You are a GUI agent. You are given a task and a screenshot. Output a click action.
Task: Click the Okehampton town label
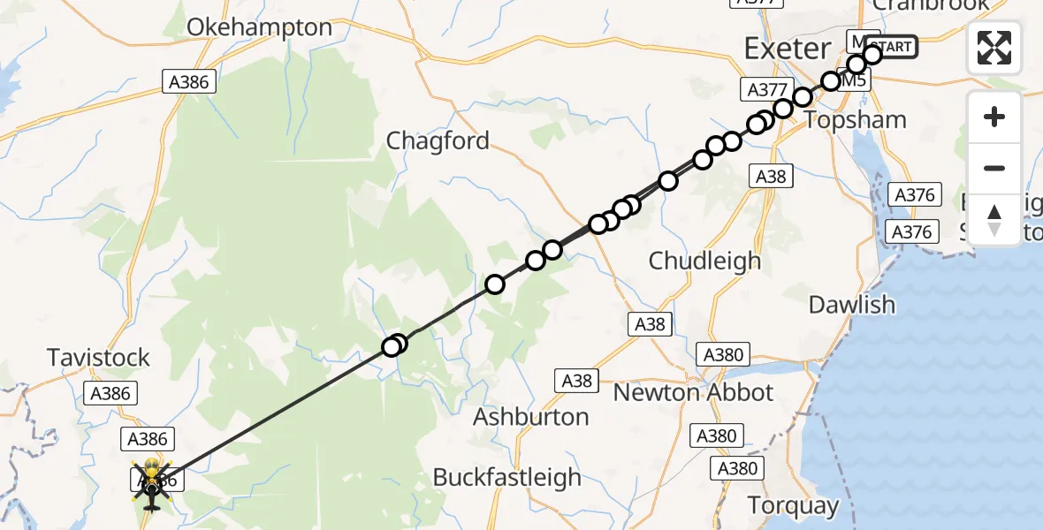click(259, 27)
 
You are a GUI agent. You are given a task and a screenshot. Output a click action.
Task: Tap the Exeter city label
click(788, 48)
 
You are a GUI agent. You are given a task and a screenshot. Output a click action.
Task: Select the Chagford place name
click(438, 140)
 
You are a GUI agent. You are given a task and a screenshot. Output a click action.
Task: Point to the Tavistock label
click(98, 358)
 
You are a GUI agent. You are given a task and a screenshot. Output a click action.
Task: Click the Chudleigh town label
click(704, 261)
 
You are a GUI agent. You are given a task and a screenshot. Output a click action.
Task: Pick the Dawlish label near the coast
click(852, 305)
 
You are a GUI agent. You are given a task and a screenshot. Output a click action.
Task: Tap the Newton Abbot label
click(693, 392)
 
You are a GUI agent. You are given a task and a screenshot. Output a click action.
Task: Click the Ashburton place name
click(531, 416)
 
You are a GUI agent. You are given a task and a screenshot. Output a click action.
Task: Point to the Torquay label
click(793, 505)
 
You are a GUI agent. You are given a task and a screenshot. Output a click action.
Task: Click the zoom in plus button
click(994, 117)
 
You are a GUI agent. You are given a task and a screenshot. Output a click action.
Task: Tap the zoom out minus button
click(994, 168)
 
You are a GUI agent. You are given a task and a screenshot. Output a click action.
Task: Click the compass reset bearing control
click(994, 219)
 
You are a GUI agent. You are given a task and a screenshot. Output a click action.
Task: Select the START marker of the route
click(893, 47)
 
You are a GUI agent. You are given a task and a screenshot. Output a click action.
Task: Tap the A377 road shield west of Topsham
click(766, 89)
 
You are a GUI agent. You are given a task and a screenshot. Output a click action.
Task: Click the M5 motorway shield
click(854, 80)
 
